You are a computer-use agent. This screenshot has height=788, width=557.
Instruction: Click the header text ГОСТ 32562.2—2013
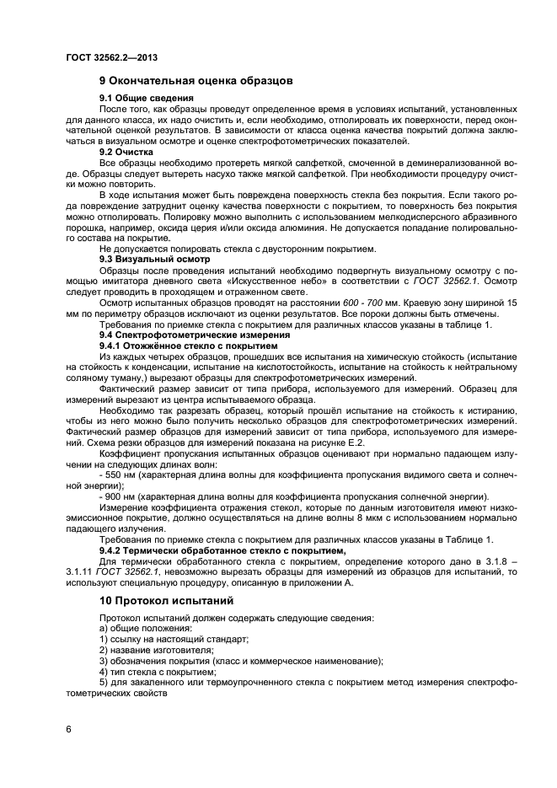[112, 56]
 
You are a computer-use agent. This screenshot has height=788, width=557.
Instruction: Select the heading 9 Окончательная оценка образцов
[196, 82]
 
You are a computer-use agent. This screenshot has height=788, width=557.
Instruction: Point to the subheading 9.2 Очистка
[126, 152]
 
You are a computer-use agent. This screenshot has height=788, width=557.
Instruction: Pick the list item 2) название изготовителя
[156, 650]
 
